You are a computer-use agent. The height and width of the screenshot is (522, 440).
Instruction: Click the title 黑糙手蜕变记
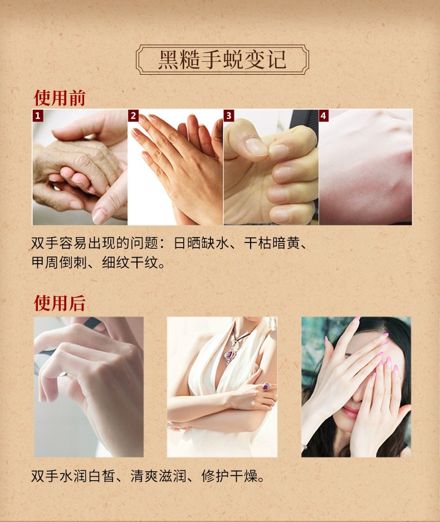coord(222,59)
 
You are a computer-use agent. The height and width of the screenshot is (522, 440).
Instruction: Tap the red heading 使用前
coord(60,98)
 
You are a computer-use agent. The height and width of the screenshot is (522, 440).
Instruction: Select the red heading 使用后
coord(60,303)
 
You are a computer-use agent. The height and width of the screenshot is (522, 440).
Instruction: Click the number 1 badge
coord(38,115)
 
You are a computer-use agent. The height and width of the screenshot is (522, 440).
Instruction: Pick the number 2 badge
coord(133,115)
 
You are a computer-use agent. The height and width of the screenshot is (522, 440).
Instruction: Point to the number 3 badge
coord(229,115)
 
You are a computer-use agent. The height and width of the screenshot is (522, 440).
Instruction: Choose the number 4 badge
coord(324,115)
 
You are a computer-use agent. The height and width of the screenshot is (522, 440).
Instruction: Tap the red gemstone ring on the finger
coord(266,386)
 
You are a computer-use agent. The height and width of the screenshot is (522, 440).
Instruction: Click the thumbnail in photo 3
coord(256,146)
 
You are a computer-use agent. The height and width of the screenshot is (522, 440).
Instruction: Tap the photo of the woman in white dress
coord(222,387)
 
